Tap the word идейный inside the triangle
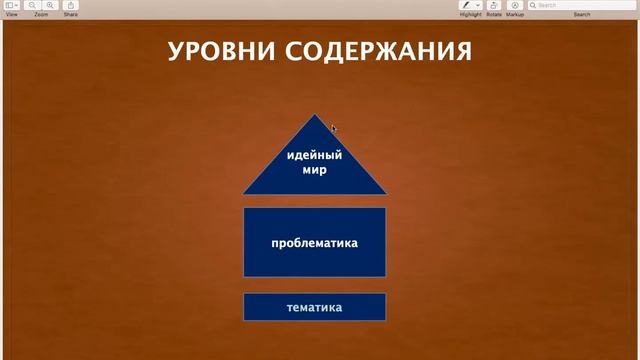(x=314, y=155)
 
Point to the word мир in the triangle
(x=314, y=170)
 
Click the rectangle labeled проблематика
(x=314, y=242)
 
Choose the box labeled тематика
(x=314, y=307)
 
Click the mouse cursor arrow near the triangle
(x=334, y=128)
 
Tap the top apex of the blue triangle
(x=314, y=116)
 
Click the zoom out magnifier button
(x=33, y=5)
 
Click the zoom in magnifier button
(x=49, y=5)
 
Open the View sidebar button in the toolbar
(x=11, y=5)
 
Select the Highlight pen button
(x=465, y=5)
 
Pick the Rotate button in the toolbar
(x=494, y=5)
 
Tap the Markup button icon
(x=515, y=5)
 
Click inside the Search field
(x=585, y=5)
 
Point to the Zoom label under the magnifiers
(x=41, y=15)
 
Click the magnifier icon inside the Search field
(x=533, y=5)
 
